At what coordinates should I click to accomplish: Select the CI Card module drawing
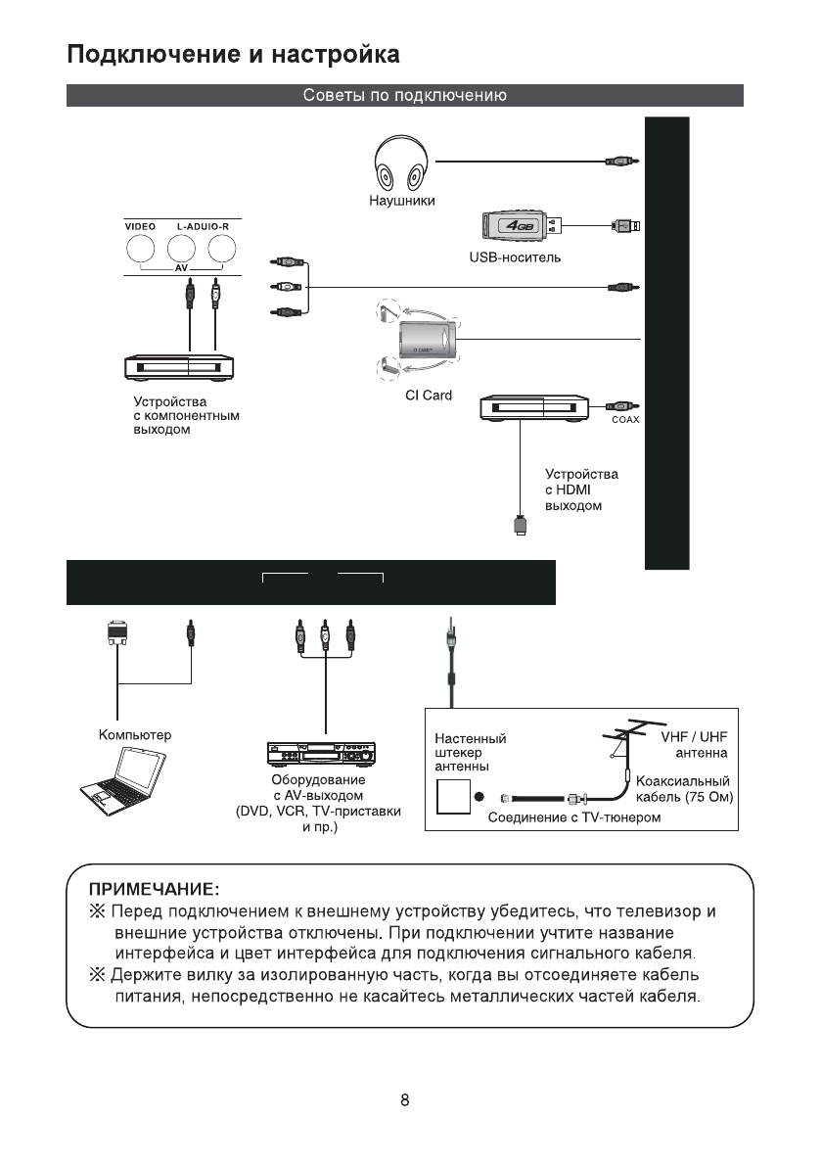pyautogui.click(x=427, y=341)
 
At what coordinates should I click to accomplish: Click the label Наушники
pyautogui.click(x=401, y=201)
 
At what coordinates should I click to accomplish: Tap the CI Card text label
pyautogui.click(x=429, y=396)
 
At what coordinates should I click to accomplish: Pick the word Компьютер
pyautogui.click(x=135, y=734)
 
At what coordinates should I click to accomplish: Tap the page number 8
pyautogui.click(x=405, y=1099)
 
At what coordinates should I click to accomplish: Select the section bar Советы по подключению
pyautogui.click(x=404, y=96)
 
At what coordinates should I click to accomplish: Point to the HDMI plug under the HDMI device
pyautogui.click(x=521, y=524)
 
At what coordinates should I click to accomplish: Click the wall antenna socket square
pyautogui.click(x=452, y=797)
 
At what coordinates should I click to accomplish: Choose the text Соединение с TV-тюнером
pyautogui.click(x=574, y=818)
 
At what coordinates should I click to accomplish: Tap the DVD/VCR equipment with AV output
pyautogui.click(x=321, y=756)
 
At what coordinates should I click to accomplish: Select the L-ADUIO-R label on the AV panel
pyautogui.click(x=202, y=226)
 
